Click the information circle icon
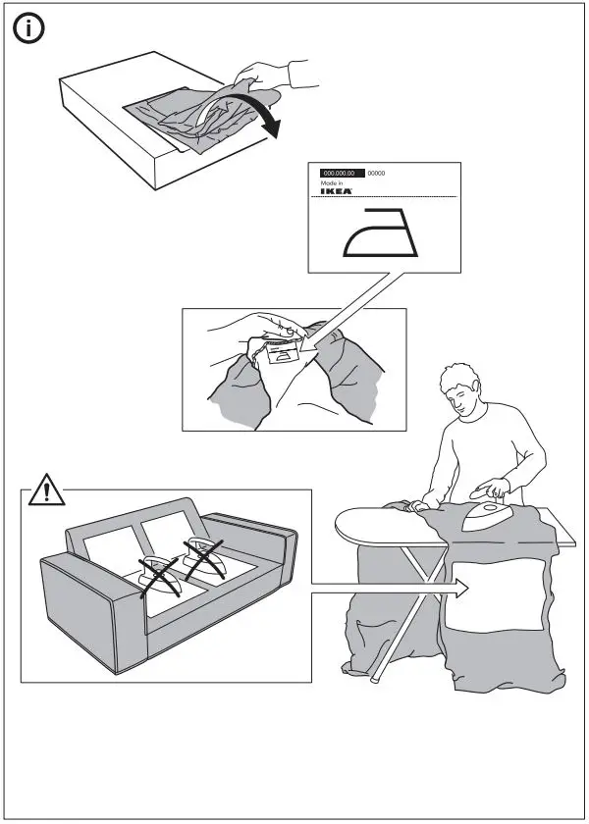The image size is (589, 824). click(31, 30)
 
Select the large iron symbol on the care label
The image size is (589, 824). click(383, 232)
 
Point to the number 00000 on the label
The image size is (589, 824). click(376, 173)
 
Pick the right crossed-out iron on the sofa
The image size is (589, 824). click(205, 555)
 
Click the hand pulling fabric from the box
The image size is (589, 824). click(260, 74)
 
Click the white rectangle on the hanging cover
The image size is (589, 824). click(497, 598)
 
